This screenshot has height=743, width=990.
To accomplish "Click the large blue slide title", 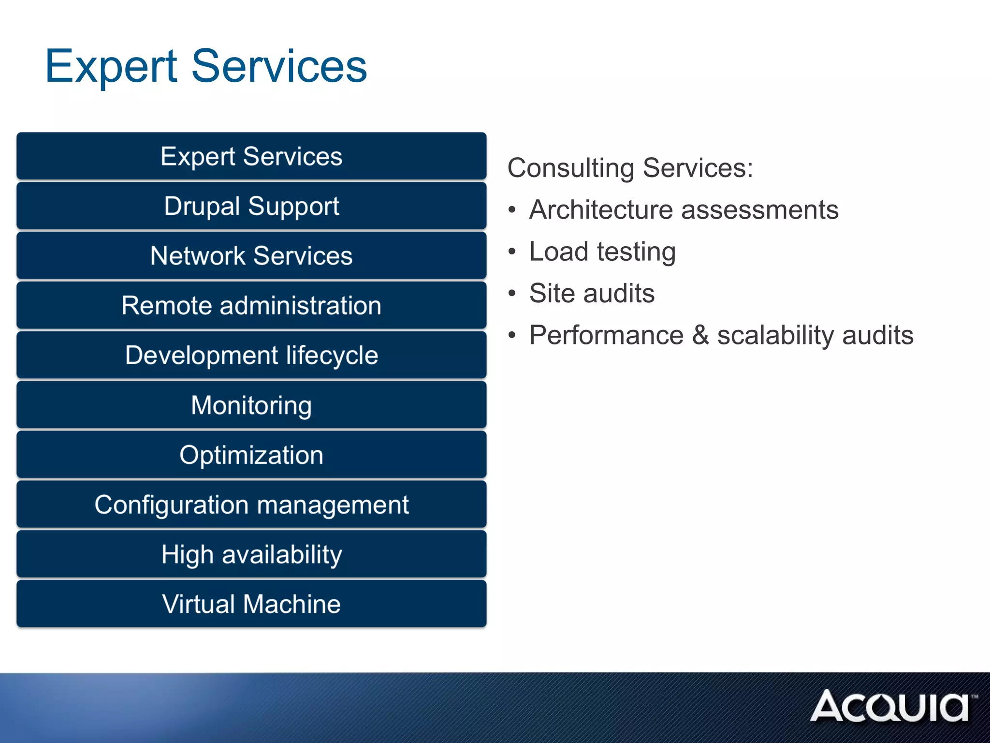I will click(206, 66).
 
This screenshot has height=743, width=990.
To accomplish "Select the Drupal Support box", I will click(251, 206).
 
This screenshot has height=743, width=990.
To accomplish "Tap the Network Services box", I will click(251, 256).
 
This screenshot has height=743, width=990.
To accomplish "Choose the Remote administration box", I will click(251, 306).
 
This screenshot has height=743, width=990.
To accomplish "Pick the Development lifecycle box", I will click(251, 356).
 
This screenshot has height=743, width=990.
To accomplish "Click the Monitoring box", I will click(251, 405).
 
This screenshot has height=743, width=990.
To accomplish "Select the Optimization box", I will click(251, 455).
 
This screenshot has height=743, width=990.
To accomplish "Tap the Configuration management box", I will click(251, 505).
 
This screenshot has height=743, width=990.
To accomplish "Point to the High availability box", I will click(251, 555).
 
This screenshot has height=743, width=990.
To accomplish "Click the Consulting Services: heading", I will click(630, 168).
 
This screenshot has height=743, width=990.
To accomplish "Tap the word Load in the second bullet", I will click(558, 252).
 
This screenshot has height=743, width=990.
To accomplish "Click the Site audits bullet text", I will click(592, 294).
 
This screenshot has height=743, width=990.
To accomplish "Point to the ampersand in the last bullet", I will click(700, 335).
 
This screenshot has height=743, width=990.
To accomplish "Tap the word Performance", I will click(606, 335).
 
